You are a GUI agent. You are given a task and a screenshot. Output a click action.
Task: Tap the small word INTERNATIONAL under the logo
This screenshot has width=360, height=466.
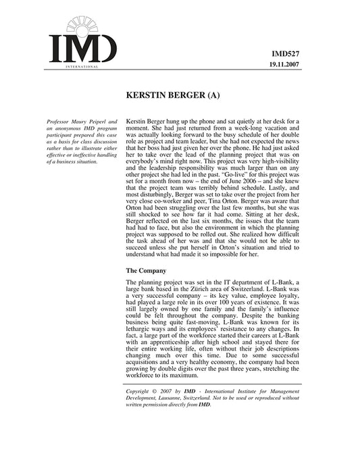83,68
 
